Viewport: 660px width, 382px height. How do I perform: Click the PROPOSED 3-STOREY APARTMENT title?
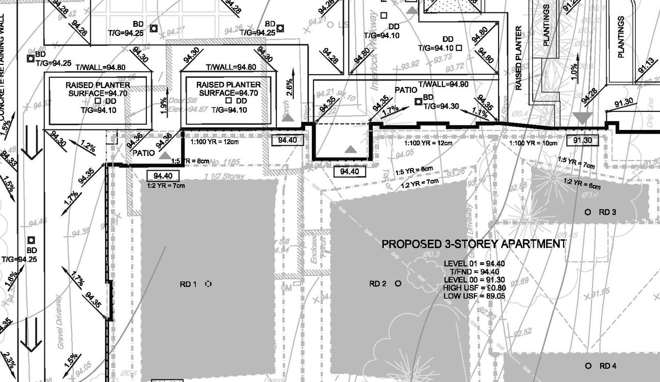point(473,244)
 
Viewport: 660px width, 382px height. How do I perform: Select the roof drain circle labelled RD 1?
point(208,284)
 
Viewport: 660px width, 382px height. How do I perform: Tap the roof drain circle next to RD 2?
point(398,283)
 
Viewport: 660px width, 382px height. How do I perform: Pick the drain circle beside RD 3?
point(587,212)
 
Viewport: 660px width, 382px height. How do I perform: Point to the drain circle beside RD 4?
point(588,366)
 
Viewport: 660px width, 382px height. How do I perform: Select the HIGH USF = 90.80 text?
point(474,288)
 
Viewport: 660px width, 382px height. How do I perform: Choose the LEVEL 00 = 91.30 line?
point(474,280)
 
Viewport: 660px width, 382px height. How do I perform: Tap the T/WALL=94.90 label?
point(443,84)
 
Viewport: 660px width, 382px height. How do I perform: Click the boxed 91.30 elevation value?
point(581,140)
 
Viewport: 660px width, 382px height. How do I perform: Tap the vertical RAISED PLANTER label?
point(519,58)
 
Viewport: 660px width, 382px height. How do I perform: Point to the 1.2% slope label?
point(88,148)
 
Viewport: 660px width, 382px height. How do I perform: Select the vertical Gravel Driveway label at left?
point(60,322)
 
